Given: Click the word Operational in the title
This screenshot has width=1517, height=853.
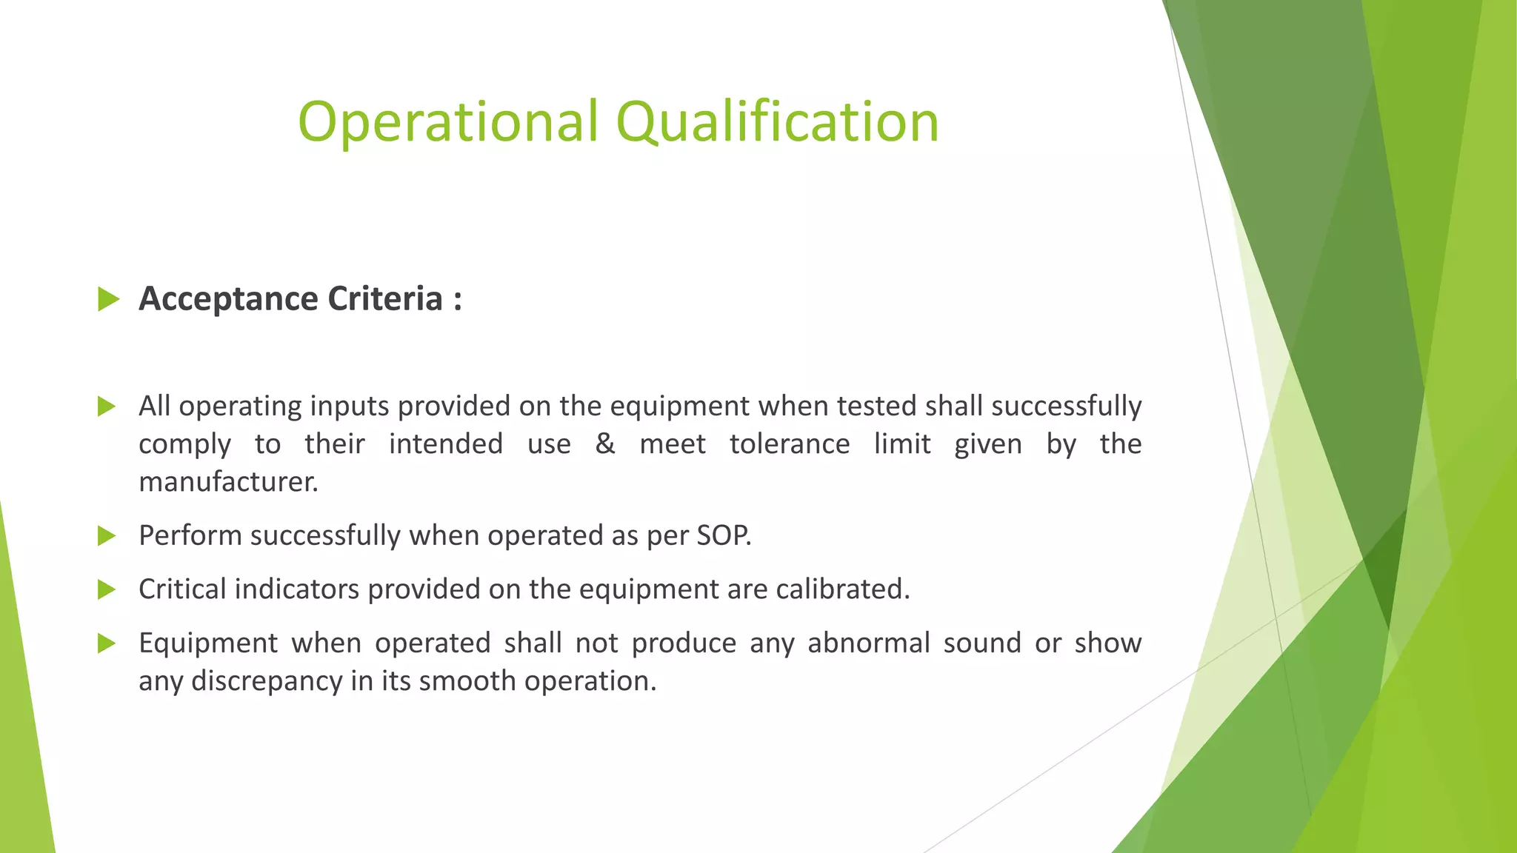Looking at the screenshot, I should (447, 122).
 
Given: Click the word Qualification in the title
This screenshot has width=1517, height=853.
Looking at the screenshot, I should (777, 122).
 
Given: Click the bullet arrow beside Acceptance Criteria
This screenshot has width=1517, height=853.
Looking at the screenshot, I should (108, 299).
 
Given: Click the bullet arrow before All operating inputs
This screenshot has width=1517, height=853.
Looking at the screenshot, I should (107, 407).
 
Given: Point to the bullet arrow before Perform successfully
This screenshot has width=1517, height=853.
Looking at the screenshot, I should (107, 536).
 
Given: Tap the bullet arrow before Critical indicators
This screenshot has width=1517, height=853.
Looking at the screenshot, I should (107, 590).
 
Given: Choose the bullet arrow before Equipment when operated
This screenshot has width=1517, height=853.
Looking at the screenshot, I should (107, 643).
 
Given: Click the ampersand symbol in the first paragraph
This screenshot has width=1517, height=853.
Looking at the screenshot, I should (605, 444).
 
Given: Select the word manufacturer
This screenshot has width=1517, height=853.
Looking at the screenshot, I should (228, 482).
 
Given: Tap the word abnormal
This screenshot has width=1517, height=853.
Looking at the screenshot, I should (868, 643).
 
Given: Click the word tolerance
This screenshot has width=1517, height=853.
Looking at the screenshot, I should (790, 444).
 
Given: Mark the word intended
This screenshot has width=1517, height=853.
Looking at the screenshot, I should (446, 444).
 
